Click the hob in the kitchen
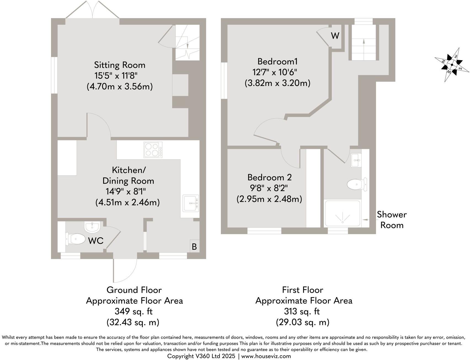pyautogui.click(x=153, y=150)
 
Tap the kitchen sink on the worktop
pyautogui.click(x=191, y=203)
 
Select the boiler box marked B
pyautogui.click(x=194, y=246)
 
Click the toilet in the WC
pyautogui.click(x=76, y=239)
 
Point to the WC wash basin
pyautogui.click(x=92, y=227)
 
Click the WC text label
pyautogui.click(x=96, y=241)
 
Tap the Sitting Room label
pyautogui.click(x=119, y=65)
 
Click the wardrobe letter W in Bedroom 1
pyautogui.click(x=335, y=36)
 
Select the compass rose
pyautogui.click(x=452, y=65)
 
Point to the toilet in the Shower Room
pyautogui.click(x=357, y=184)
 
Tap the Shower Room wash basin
pyautogui.click(x=356, y=160)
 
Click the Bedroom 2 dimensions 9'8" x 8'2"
pyautogui.click(x=269, y=188)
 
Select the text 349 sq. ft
pyautogui.click(x=133, y=311)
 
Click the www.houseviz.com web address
pyautogui.click(x=266, y=356)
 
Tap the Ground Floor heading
pyautogui.click(x=134, y=290)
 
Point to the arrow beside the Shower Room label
pyautogui.click(x=367, y=220)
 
